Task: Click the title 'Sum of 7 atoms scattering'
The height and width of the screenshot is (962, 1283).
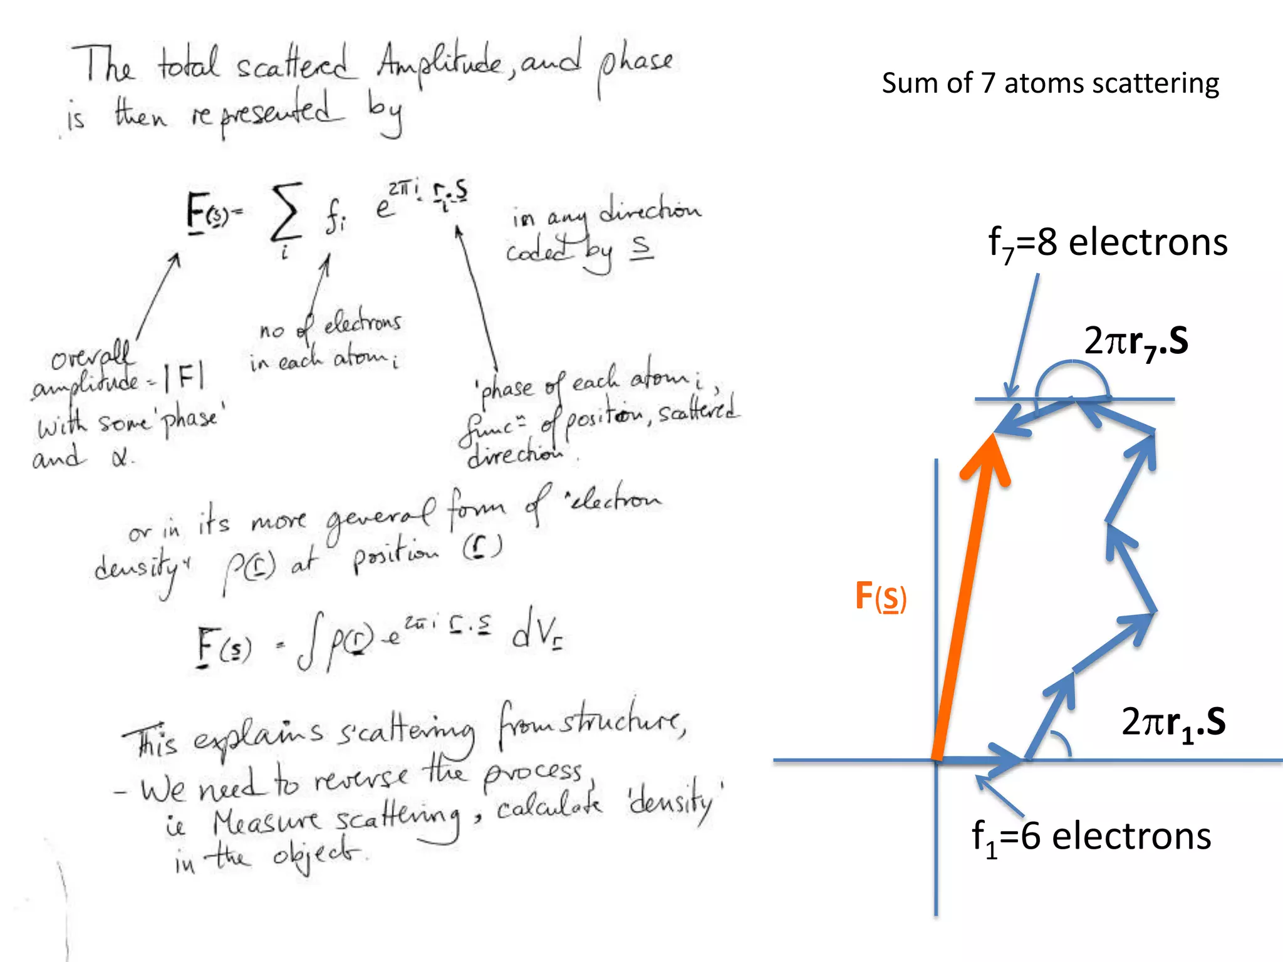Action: click(1050, 83)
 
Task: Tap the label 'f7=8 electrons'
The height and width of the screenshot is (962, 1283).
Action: click(1107, 243)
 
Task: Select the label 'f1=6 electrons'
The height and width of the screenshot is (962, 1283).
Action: click(1091, 837)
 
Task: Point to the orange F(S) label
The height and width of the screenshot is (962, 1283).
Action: click(880, 596)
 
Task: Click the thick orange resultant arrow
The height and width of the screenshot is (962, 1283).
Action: click(965, 595)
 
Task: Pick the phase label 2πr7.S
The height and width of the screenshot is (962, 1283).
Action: click(1135, 342)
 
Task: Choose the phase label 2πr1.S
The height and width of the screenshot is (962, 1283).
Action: click(1173, 723)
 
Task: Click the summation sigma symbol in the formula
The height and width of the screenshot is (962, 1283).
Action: click(286, 213)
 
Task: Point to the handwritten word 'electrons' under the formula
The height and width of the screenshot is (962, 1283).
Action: click(362, 323)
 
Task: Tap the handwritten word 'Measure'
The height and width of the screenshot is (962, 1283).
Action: click(266, 821)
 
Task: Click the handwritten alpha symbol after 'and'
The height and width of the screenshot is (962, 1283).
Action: click(121, 458)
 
